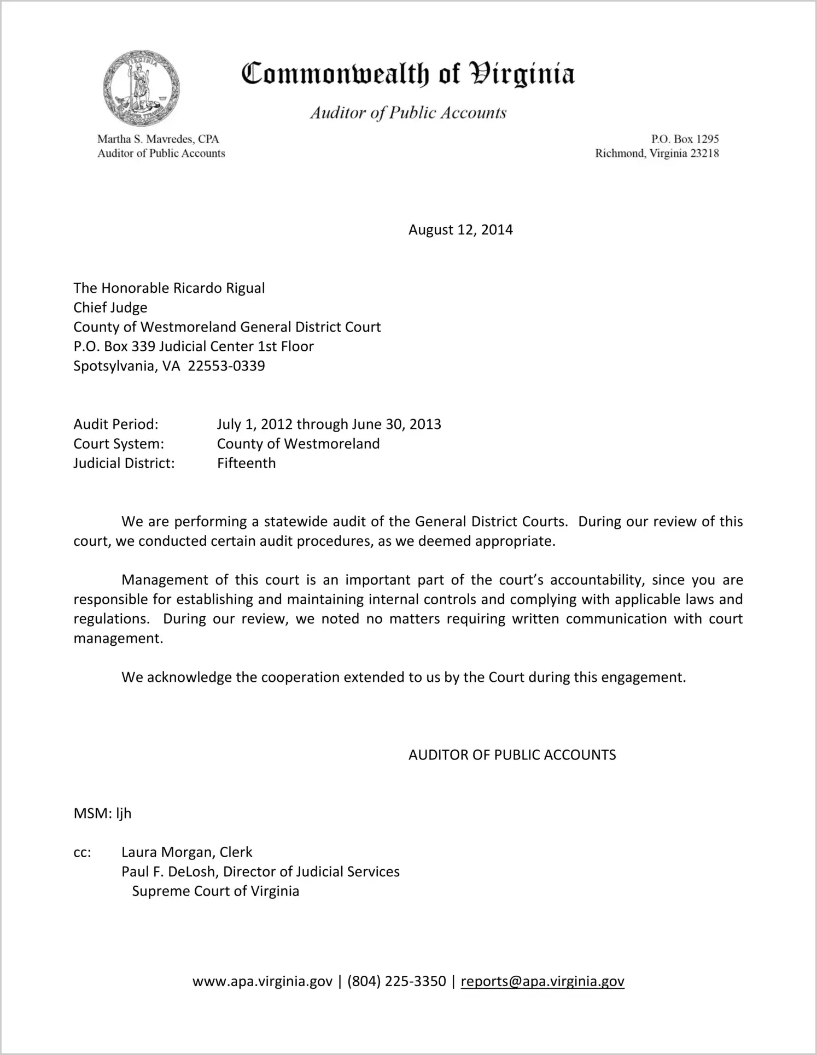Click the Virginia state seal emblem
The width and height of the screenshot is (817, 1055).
pos(141,89)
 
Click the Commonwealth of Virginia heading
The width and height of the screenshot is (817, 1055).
pos(408,74)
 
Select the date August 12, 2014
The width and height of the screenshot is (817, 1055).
pos(460,229)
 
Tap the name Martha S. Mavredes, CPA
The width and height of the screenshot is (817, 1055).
pos(158,139)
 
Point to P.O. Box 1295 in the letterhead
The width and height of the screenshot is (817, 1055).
pos(685,139)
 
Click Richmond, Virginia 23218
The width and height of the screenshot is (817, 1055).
pos(657,154)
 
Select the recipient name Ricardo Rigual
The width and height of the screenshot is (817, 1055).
pos(219,288)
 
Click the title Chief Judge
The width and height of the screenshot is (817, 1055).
pos(110,308)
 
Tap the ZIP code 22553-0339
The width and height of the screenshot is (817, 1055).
pos(226,366)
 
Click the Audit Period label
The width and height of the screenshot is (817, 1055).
pos(116,425)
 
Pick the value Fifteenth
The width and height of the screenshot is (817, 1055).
pos(246,463)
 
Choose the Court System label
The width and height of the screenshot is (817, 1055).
pos(119,444)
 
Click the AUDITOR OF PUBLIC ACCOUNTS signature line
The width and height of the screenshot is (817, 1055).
pos(512,755)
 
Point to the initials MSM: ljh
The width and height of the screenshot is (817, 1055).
pos(102,814)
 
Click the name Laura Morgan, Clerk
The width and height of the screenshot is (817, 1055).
pos(186,852)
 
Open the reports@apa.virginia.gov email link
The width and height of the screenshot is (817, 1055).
pos(542,982)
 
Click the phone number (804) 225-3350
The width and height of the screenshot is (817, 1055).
pos(396,982)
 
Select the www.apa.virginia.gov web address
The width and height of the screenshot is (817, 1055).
pos(262,982)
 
